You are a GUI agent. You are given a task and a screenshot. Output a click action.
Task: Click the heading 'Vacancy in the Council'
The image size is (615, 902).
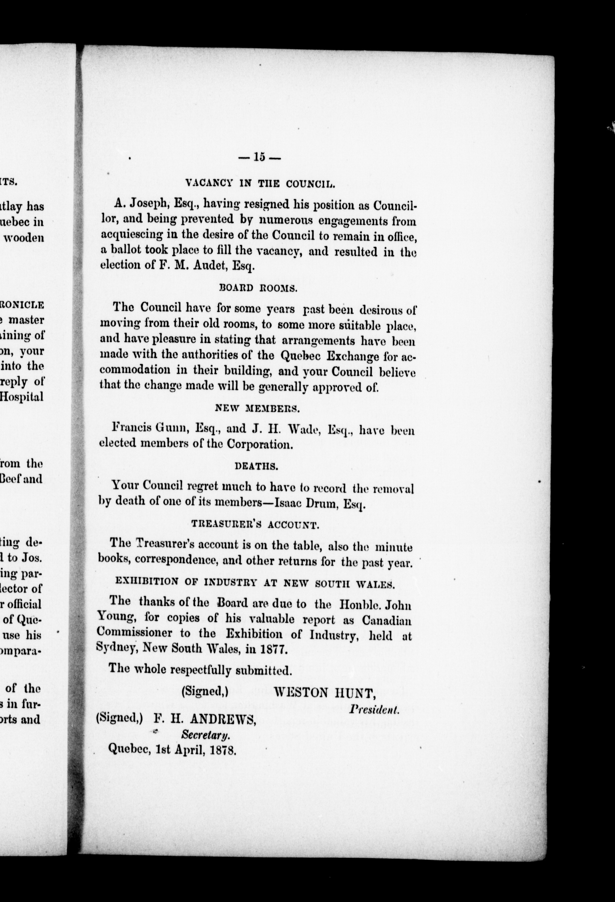[x=260, y=184]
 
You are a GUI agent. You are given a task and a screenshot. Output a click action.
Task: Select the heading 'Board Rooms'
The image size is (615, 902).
[x=258, y=288]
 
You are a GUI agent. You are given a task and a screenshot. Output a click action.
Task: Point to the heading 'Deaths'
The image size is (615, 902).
[x=257, y=466]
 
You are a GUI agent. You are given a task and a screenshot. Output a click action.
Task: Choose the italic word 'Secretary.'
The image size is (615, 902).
[x=205, y=734]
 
